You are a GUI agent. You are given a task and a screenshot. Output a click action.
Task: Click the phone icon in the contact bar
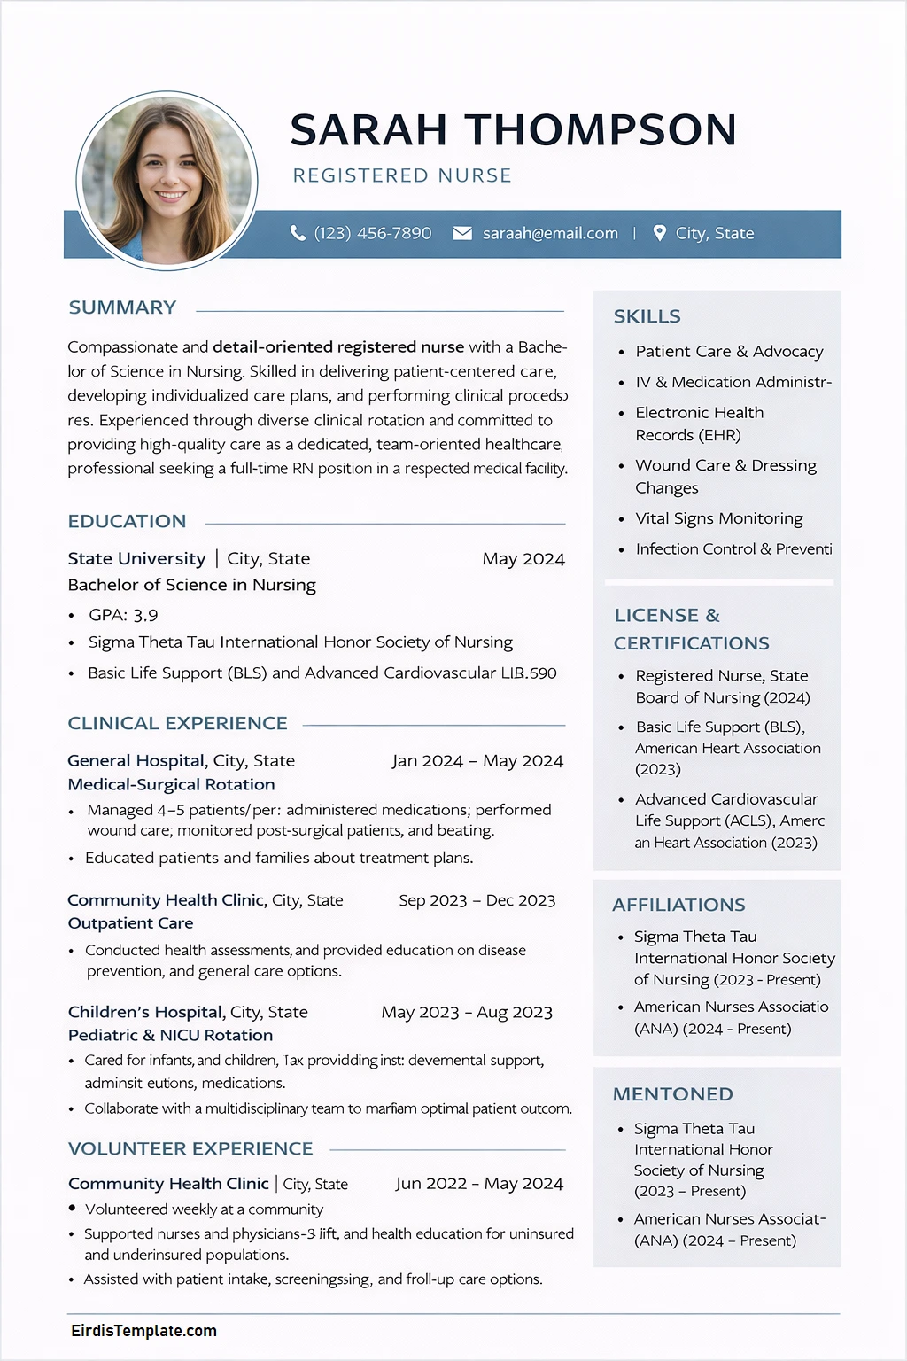pyautogui.click(x=298, y=233)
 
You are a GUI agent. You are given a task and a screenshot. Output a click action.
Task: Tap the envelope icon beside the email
pyautogui.click(x=462, y=233)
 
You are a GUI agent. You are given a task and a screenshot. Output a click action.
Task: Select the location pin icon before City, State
pyautogui.click(x=659, y=233)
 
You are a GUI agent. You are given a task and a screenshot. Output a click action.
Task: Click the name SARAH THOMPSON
pyautogui.click(x=513, y=130)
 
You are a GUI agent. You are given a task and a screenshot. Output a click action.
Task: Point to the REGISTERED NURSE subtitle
pyautogui.click(x=402, y=175)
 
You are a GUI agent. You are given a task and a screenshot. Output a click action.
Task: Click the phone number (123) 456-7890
pyautogui.click(x=373, y=233)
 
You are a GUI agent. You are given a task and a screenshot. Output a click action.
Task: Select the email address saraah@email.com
pyautogui.click(x=550, y=233)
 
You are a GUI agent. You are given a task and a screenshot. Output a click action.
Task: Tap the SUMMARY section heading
pyautogui.click(x=122, y=307)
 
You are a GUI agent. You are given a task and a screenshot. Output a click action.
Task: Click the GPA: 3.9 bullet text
pyautogui.click(x=123, y=615)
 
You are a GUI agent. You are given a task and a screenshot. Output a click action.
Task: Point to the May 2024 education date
pyautogui.click(x=523, y=559)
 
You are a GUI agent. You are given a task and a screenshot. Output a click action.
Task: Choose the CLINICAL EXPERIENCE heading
pyautogui.click(x=177, y=723)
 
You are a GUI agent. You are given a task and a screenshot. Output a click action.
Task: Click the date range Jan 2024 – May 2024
pyautogui.click(x=477, y=761)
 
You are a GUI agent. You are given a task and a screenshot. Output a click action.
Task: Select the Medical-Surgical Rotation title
pyautogui.click(x=171, y=784)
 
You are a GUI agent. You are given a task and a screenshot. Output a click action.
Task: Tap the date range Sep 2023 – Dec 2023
pyautogui.click(x=477, y=900)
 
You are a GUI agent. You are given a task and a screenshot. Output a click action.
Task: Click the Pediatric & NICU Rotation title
pyautogui.click(x=170, y=1035)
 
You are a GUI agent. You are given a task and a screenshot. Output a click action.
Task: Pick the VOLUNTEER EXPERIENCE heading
pyautogui.click(x=190, y=1148)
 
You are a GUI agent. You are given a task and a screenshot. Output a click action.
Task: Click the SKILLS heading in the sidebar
pyautogui.click(x=647, y=316)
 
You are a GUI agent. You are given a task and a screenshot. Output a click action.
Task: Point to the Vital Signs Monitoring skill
pyautogui.click(x=718, y=518)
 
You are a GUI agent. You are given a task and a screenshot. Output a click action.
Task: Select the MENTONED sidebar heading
pyautogui.click(x=672, y=1094)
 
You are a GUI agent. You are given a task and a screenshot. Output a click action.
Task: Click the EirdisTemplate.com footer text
pyautogui.click(x=143, y=1331)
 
